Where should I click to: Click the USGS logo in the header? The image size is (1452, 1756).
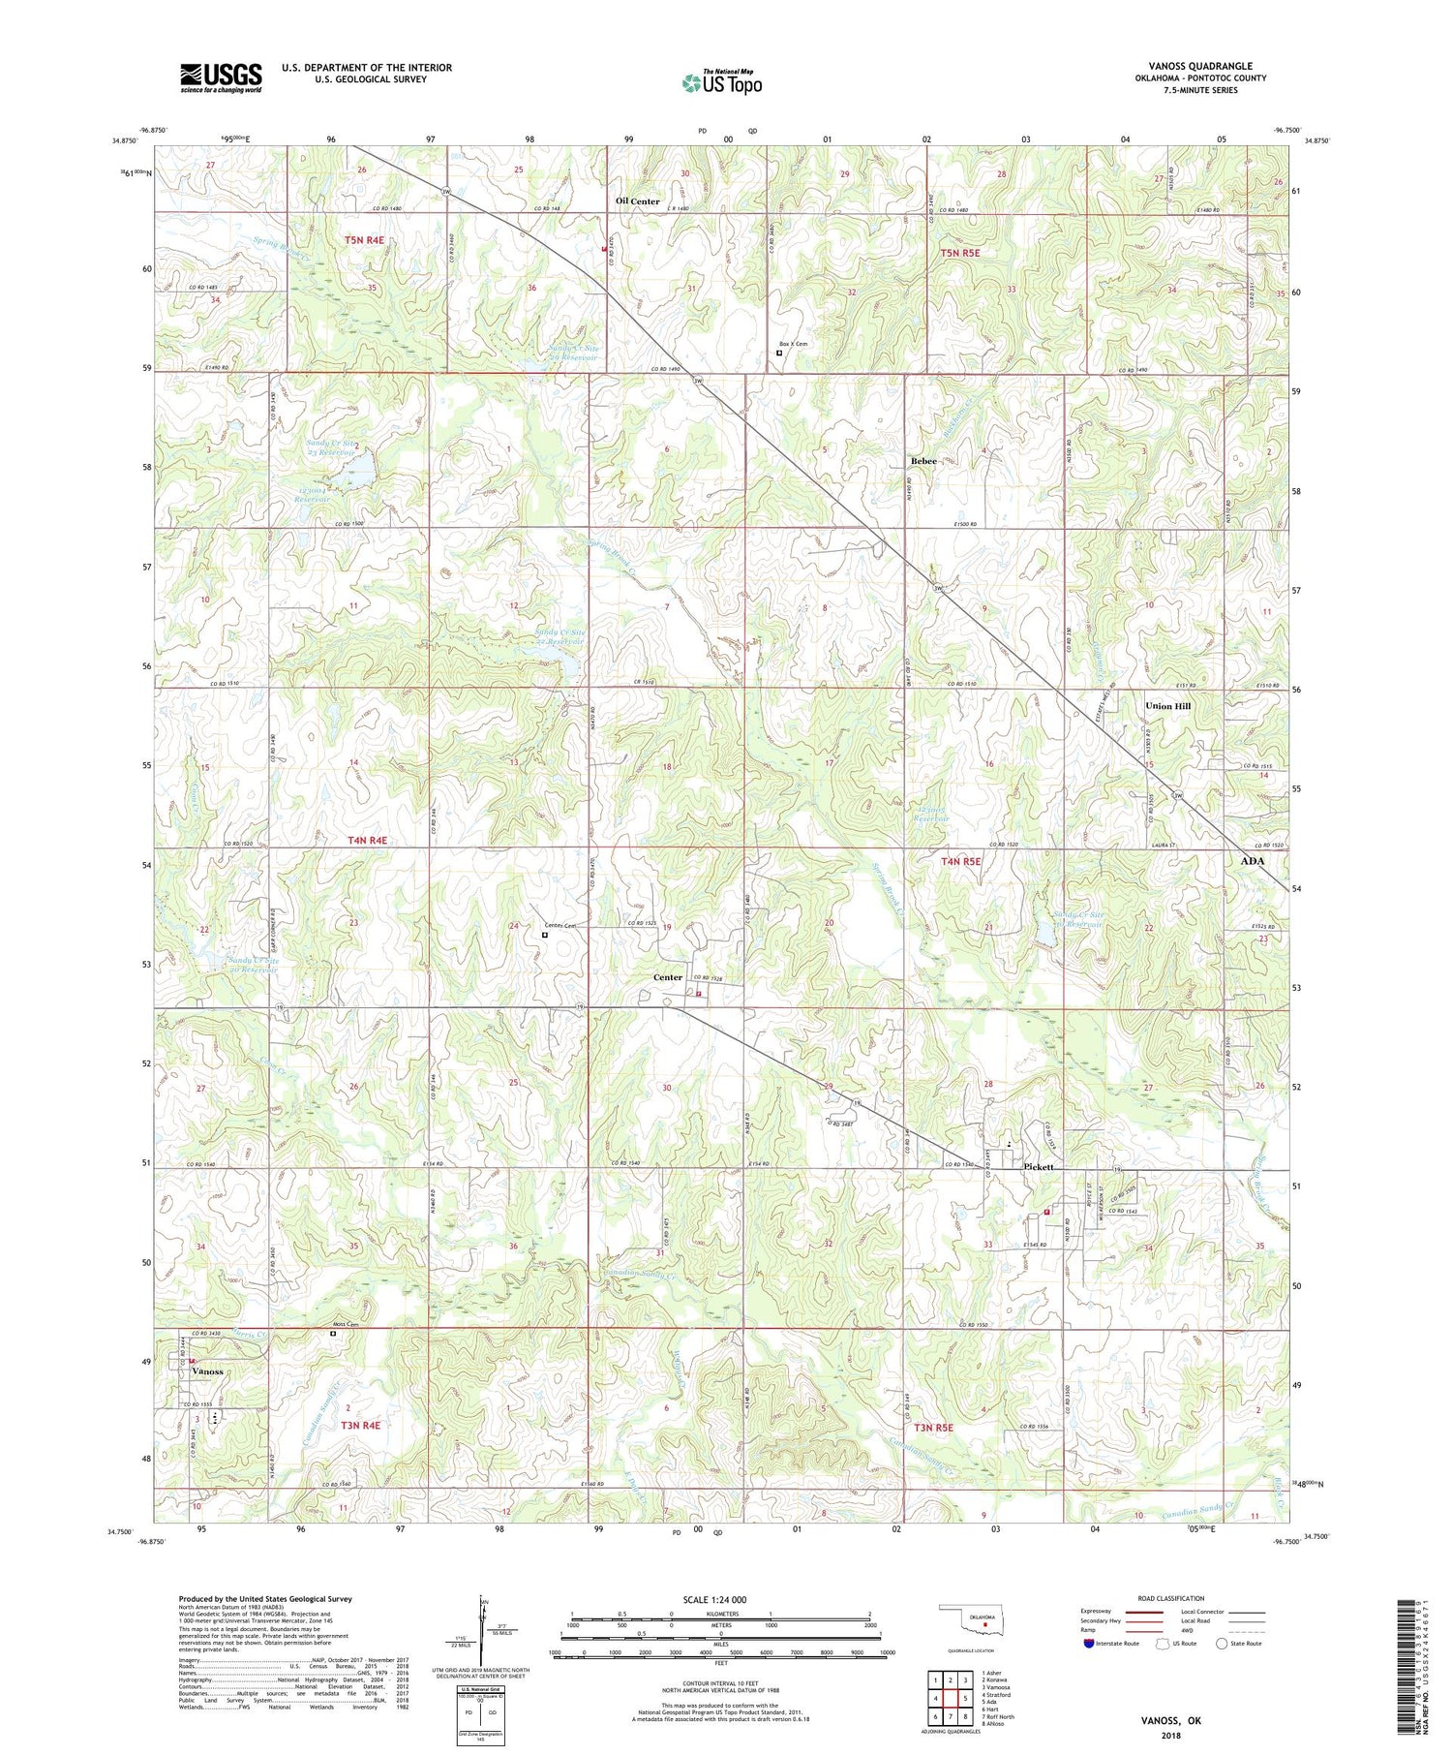(221, 77)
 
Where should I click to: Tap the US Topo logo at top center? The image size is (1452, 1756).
(721, 82)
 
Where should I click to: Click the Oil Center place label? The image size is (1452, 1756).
(638, 201)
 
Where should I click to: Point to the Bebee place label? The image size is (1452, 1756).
(923, 461)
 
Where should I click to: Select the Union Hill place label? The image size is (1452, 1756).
(1167, 706)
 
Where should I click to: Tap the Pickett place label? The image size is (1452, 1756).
(1044, 1167)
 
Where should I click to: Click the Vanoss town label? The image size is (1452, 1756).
(207, 1371)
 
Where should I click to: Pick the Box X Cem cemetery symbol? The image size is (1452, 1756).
(779, 353)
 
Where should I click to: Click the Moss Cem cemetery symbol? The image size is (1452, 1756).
(333, 1333)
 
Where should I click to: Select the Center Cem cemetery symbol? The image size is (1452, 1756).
(545, 935)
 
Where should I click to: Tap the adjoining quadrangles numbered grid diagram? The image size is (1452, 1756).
(950, 1698)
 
